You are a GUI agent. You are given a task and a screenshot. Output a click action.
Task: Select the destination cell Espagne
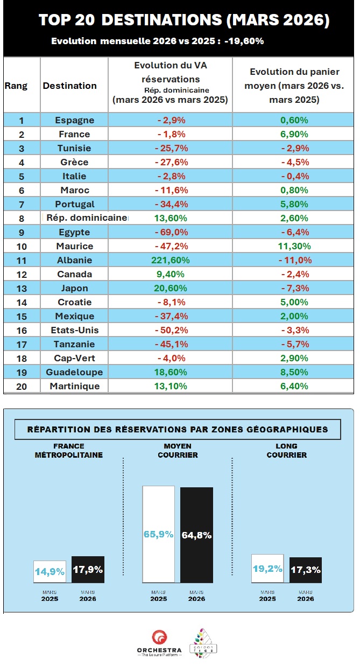pos(74,120)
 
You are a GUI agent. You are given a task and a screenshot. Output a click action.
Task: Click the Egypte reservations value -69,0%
pos(172,232)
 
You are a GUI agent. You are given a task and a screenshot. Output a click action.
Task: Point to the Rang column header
pos(16,86)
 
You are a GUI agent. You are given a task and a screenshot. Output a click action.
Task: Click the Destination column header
pos(70,86)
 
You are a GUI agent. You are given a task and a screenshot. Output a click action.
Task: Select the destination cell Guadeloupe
pos(74,372)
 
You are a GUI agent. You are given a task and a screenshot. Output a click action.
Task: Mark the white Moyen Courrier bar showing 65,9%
pos(158,534)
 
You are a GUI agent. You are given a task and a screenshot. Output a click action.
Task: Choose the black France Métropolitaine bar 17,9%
pos(88,569)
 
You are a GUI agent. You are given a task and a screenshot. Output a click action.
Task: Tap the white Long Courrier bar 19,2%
pos(267,568)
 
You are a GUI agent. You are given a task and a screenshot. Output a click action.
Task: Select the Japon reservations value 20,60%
pos(172,288)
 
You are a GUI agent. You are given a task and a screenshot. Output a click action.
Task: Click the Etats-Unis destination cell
pos(74,330)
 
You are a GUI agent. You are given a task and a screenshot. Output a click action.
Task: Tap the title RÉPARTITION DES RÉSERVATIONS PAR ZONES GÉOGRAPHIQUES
pos(178,429)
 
